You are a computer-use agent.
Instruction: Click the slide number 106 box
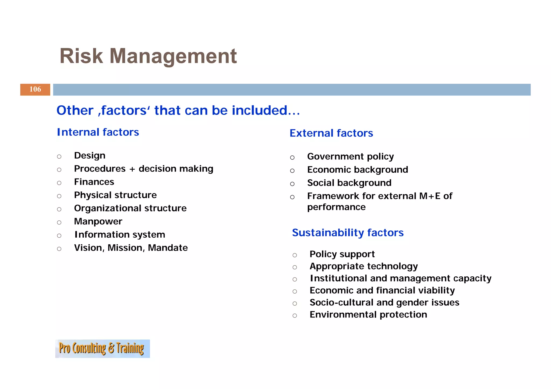click(35, 90)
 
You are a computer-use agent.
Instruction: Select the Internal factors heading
click(98, 132)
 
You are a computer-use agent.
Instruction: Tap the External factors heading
click(331, 133)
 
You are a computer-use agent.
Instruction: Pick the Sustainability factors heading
click(348, 233)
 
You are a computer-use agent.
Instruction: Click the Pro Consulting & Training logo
click(102, 349)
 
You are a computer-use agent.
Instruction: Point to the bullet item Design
click(90, 156)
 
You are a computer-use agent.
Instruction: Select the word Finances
click(94, 182)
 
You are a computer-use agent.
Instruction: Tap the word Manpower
click(98, 222)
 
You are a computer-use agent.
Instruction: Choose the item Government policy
click(350, 156)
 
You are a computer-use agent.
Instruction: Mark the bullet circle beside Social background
click(292, 184)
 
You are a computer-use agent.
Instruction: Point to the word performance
click(336, 207)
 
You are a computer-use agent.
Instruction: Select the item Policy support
click(342, 254)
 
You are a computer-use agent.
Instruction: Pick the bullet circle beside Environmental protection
click(295, 316)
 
